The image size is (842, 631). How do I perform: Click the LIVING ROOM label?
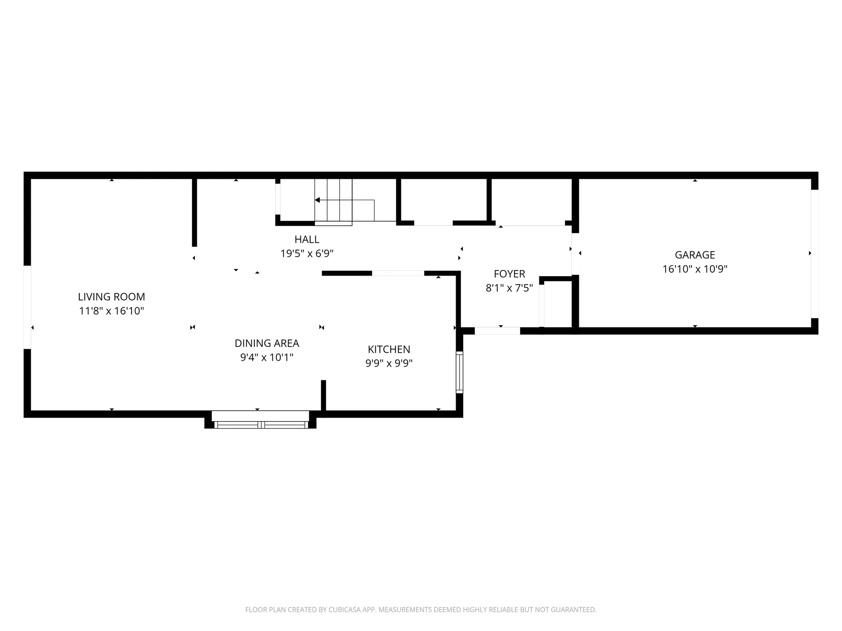[111, 297]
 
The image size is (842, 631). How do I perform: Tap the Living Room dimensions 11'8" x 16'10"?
[111, 311]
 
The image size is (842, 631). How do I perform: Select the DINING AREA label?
[267, 343]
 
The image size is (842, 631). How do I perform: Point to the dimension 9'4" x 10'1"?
[267, 358]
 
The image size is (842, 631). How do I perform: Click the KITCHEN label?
[389, 349]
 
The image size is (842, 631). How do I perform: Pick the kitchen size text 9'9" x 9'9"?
[389, 363]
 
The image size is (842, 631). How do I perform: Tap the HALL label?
[307, 239]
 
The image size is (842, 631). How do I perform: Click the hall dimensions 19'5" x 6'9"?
[307, 254]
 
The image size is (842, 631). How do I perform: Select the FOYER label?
[509, 274]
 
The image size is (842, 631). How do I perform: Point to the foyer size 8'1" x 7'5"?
[509, 288]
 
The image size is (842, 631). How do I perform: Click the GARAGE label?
[695, 255]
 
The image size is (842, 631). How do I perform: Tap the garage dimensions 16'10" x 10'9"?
[695, 269]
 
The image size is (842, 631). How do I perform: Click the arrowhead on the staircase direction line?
[317, 200]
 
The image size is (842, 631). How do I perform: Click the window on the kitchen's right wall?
[459, 372]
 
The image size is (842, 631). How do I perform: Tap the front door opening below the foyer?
[497, 331]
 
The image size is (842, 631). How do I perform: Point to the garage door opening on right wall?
[814, 253]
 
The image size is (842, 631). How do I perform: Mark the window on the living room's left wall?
[27, 307]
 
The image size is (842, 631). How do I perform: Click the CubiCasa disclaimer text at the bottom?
[421, 610]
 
